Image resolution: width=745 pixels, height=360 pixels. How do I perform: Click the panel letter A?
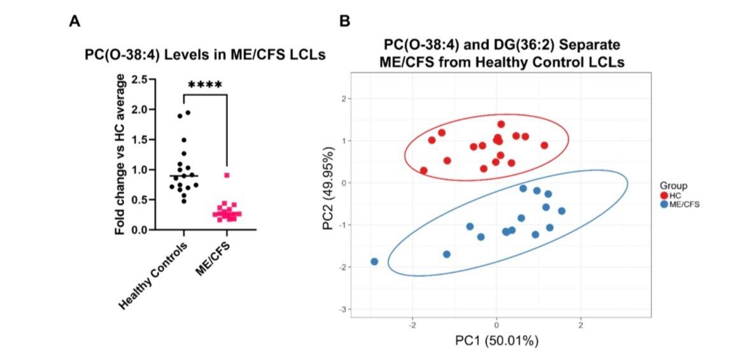point(74,22)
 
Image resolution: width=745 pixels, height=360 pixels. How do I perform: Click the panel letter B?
point(344,22)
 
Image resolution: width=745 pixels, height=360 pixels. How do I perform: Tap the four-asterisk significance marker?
point(204,84)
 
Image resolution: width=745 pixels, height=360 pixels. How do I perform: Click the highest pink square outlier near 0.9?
point(226,175)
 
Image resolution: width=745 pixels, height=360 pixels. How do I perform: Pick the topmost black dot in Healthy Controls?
point(188,113)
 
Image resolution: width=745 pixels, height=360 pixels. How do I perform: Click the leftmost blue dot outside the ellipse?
point(374,262)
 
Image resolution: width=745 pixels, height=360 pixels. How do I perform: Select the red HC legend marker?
point(665,196)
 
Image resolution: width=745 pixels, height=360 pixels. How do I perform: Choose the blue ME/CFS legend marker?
point(665,205)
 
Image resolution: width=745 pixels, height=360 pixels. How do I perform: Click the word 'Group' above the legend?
point(673,185)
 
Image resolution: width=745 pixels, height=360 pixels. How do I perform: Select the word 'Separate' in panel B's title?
point(581,45)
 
